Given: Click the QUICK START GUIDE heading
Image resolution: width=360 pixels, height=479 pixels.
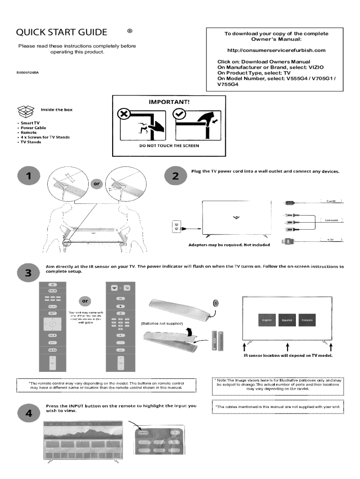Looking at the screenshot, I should point(61,32).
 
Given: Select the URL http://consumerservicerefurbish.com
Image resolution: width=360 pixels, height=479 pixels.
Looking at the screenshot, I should point(275,50).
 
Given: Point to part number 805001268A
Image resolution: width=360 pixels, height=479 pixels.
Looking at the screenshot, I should point(27,73).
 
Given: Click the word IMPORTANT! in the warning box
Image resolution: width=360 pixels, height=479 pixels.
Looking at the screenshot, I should point(169,101).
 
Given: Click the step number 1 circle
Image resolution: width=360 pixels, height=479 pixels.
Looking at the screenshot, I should point(29,176).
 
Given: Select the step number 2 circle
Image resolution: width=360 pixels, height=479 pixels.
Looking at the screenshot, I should point(175,176).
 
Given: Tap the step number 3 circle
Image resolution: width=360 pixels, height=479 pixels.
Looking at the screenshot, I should point(29,274).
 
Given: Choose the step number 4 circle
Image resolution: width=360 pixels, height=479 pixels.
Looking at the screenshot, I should point(29,414).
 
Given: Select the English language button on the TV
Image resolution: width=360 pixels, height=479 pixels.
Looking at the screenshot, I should point(267,320).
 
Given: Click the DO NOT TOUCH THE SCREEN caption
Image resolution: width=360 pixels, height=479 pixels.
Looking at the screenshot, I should point(169,145).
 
